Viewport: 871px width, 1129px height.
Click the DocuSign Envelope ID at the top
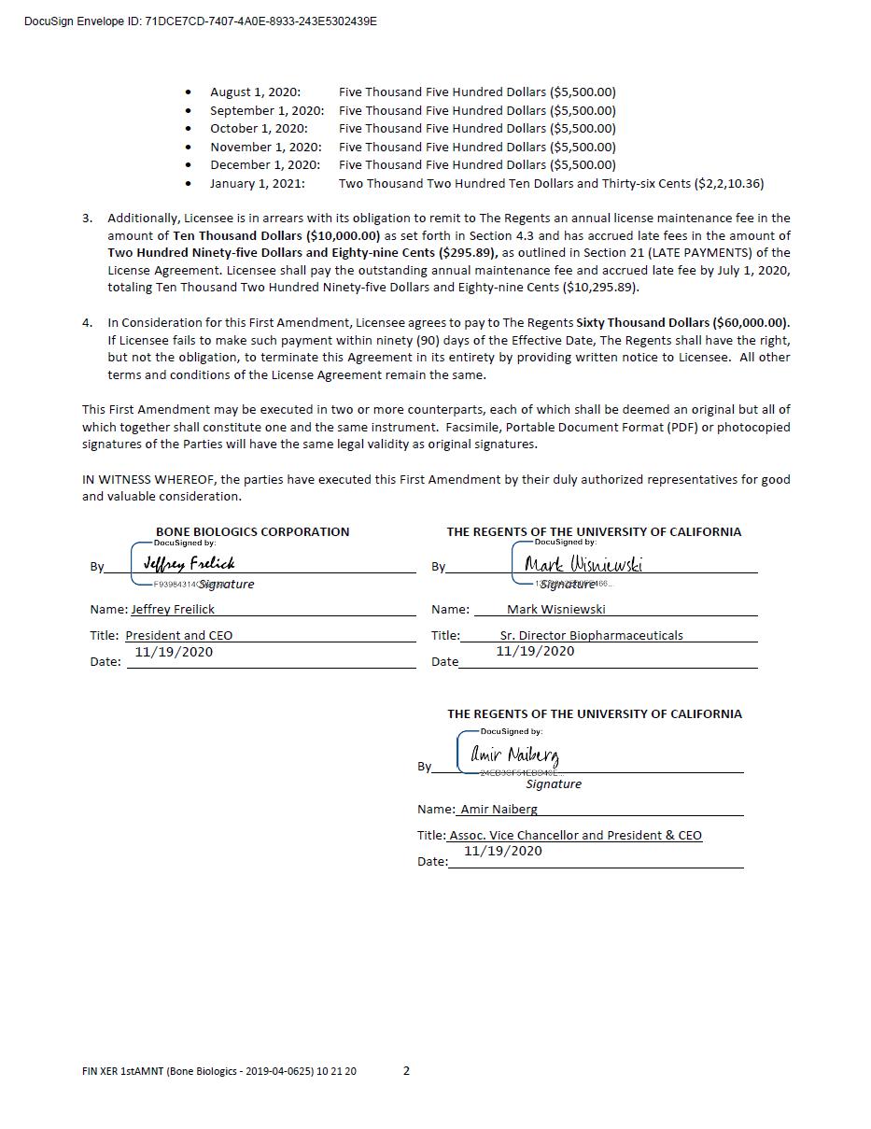click(201, 21)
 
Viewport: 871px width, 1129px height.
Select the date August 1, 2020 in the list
click(255, 92)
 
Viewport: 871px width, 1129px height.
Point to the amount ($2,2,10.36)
click(728, 184)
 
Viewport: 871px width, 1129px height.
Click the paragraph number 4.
click(87, 323)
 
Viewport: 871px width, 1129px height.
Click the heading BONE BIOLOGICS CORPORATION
click(252, 532)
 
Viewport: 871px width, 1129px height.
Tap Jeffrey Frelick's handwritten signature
click(190, 563)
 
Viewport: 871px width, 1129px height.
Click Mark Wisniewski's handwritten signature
click(583, 564)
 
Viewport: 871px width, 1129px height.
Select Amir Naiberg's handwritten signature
click(514, 755)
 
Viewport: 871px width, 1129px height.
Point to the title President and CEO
click(179, 636)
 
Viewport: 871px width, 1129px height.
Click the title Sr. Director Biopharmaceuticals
click(591, 636)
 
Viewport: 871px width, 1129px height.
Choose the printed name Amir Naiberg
click(499, 810)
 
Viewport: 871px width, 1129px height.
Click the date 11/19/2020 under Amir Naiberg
click(502, 851)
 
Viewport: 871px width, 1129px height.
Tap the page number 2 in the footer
click(406, 1071)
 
